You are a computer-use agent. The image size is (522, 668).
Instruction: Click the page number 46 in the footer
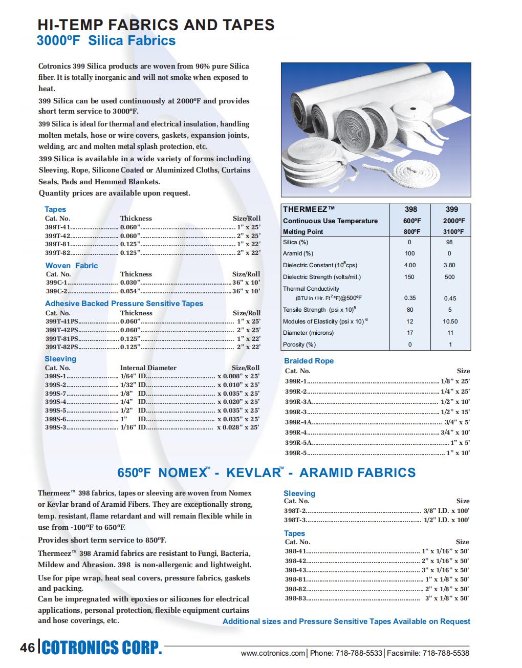pos(27,648)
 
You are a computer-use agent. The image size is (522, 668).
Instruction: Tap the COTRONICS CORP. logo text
pos(102,648)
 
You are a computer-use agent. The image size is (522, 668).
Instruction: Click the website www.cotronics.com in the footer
pos(273,653)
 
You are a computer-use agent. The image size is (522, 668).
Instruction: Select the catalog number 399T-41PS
pos(62,321)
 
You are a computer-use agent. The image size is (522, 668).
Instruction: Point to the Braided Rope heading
pos(309,361)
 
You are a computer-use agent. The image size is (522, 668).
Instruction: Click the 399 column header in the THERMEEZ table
pos(451,209)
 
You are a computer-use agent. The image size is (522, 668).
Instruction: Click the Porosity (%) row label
pos(299,344)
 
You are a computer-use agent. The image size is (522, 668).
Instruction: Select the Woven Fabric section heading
pos(72,266)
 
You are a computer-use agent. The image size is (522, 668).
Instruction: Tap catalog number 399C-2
pos(56,291)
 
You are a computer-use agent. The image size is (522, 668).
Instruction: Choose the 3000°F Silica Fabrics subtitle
pos(106,41)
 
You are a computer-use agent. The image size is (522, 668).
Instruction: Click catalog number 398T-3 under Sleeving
pos(295,520)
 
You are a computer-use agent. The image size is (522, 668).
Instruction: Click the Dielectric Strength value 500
pos(449,277)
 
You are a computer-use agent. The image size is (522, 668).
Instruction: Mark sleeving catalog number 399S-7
pos(55,394)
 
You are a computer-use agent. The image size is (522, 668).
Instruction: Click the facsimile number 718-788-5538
pos(444,653)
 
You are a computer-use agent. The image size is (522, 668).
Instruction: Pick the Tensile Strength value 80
pos(410,310)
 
